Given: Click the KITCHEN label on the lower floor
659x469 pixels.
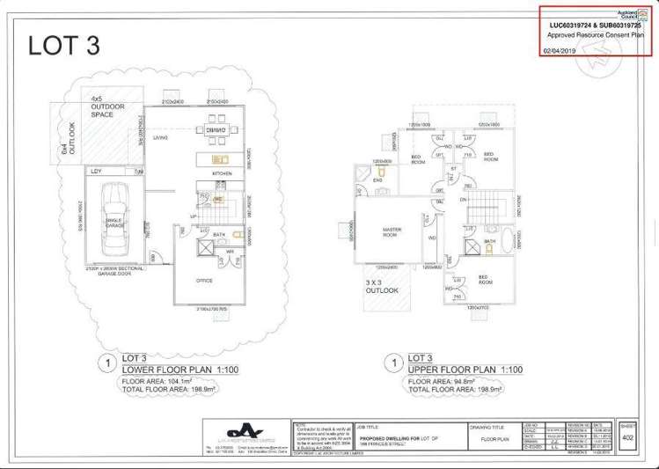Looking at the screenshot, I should (221, 173).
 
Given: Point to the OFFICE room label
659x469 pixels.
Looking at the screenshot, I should (203, 281).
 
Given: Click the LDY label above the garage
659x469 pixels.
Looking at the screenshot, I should (96, 172).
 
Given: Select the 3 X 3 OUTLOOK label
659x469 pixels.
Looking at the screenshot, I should (382, 286).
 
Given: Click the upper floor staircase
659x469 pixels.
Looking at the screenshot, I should (480, 211).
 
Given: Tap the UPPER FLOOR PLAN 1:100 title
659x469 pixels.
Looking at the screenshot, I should (455, 370).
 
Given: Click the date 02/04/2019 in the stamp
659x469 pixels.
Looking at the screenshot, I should (559, 50).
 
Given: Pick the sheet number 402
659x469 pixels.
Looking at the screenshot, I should (626, 437).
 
